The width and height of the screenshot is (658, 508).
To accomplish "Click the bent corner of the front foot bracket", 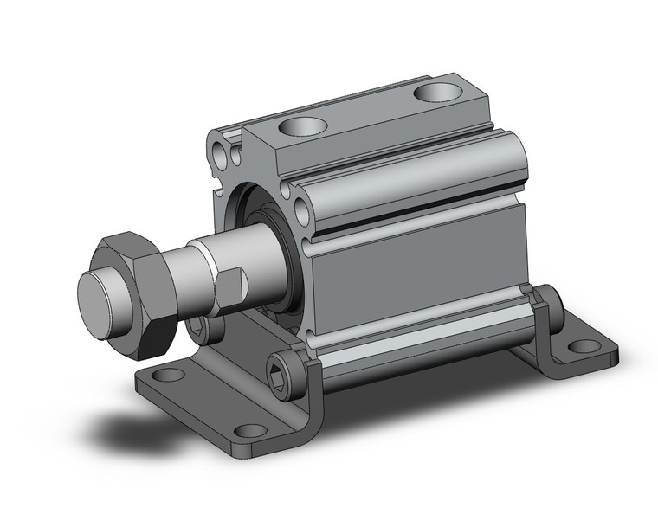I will pos(312,415).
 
